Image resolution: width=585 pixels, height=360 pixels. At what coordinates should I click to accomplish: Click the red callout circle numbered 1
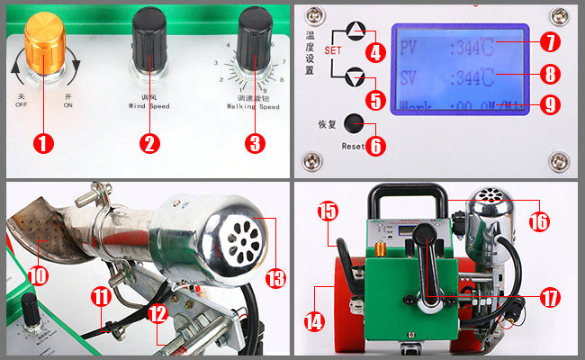45,142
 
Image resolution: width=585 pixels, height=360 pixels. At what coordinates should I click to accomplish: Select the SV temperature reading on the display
472,76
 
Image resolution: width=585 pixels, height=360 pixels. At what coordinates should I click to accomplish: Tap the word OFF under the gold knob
22,104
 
